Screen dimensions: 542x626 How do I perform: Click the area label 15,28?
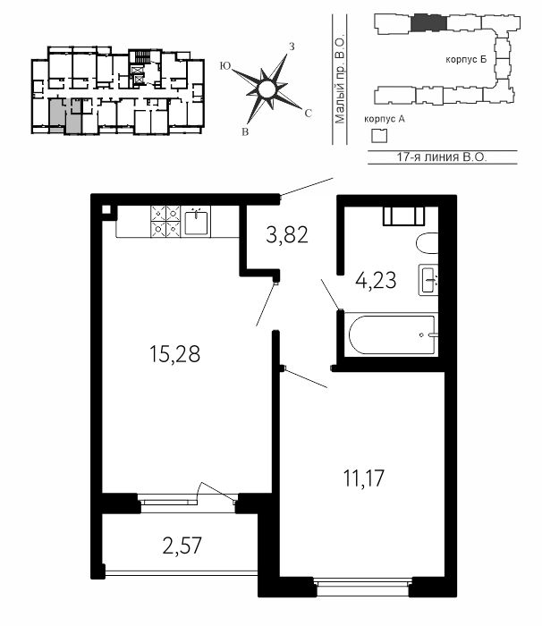pos(174,354)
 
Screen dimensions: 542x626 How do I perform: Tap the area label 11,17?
pos(364,478)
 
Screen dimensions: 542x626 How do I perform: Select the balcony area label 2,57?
pos(182,546)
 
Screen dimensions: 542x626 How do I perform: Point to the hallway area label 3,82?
pos(287,234)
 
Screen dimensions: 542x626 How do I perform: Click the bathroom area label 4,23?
pos(376,280)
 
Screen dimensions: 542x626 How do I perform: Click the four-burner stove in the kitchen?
pos(165,222)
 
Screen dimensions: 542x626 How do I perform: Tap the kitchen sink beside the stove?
pos(196,222)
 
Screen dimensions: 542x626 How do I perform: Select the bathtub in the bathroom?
pos(393,334)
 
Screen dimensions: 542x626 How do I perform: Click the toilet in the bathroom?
pos(427,242)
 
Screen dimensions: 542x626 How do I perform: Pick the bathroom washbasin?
pos(428,279)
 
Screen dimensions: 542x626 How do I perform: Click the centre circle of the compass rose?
pos(267,89)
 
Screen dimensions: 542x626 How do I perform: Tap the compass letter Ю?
pos(225,66)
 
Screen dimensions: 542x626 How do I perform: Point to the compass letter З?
pos(292,47)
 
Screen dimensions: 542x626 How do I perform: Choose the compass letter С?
pos(308,114)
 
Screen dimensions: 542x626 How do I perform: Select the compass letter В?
pos(245,132)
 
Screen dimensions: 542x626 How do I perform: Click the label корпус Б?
pos(466,60)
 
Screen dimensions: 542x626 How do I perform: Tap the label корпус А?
pos(385,119)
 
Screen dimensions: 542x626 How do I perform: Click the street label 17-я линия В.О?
pos(442,156)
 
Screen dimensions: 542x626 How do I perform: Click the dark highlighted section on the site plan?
pos(429,22)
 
